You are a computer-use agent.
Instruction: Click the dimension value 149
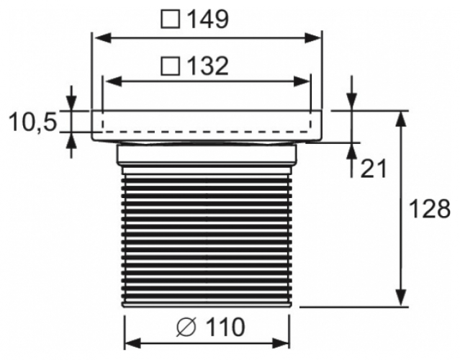(x=208, y=19)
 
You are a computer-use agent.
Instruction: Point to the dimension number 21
(x=374, y=168)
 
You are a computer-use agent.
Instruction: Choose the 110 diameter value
(x=222, y=328)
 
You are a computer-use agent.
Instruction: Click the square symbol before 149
(x=171, y=19)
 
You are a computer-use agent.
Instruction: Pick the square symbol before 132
(x=171, y=67)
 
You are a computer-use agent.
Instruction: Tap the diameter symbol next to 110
(x=185, y=328)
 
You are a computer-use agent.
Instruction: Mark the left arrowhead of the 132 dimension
(x=110, y=81)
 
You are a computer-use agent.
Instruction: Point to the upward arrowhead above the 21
(x=351, y=148)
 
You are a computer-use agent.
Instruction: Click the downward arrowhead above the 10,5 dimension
(x=71, y=104)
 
